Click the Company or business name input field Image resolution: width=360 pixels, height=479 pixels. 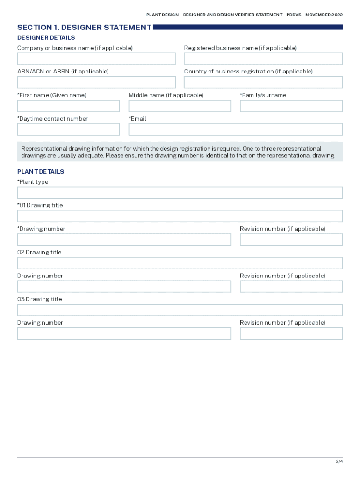(x=96, y=59)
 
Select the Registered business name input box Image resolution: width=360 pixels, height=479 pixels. (x=263, y=59)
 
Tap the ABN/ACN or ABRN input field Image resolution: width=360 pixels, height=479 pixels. (x=96, y=82)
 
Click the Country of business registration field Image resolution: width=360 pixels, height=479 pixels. (x=263, y=82)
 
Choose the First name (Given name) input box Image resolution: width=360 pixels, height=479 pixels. (x=68, y=106)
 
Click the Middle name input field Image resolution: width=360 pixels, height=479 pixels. (x=180, y=106)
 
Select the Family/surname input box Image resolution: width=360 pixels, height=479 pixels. (x=291, y=106)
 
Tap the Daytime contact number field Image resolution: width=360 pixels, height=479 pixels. (x=68, y=130)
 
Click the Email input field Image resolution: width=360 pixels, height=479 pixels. (x=236, y=130)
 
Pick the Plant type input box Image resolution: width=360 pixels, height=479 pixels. (x=180, y=193)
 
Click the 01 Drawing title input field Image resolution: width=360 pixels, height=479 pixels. (x=180, y=216)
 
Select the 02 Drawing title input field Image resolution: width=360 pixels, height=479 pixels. (x=180, y=263)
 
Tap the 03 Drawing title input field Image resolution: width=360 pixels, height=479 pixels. (x=180, y=310)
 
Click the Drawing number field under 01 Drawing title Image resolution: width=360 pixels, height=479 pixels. (x=124, y=239)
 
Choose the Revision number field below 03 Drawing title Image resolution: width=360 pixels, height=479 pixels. (x=291, y=334)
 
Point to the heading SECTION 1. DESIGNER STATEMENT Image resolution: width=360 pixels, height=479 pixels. (x=84, y=28)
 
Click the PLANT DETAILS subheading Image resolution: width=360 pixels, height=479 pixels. (x=41, y=172)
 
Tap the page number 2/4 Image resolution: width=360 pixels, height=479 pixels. (x=339, y=462)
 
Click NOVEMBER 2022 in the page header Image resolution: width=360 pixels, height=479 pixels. (x=324, y=15)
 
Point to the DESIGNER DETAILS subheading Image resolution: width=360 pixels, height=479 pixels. (x=46, y=38)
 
